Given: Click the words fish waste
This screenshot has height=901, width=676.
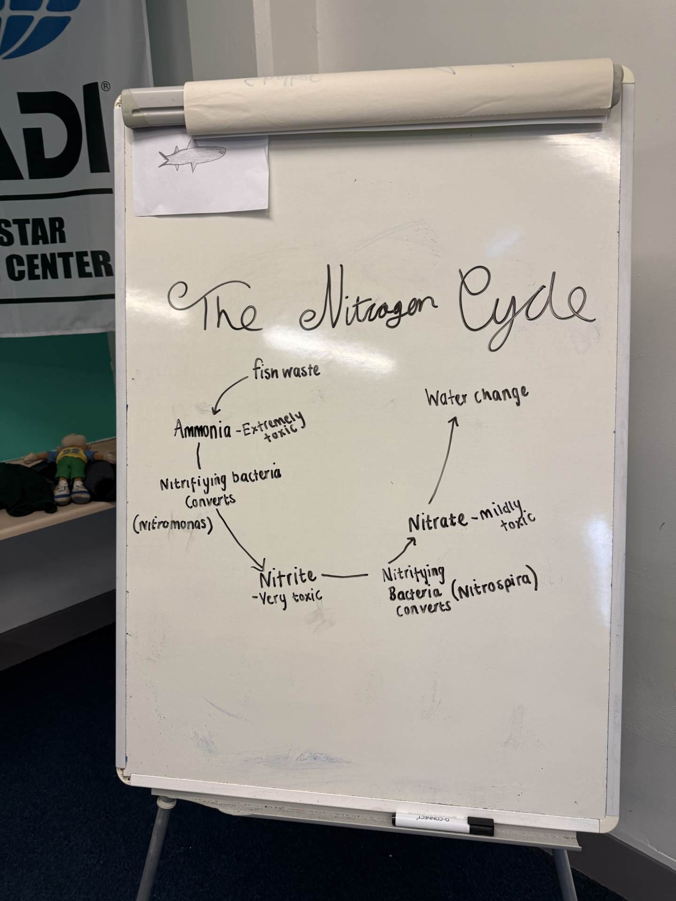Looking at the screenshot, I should (x=286, y=372).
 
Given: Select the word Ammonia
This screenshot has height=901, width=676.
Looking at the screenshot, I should (x=203, y=429).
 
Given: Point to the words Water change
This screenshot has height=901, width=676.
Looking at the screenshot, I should (x=477, y=397).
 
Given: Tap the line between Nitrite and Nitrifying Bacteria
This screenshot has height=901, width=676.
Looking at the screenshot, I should (x=345, y=574).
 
